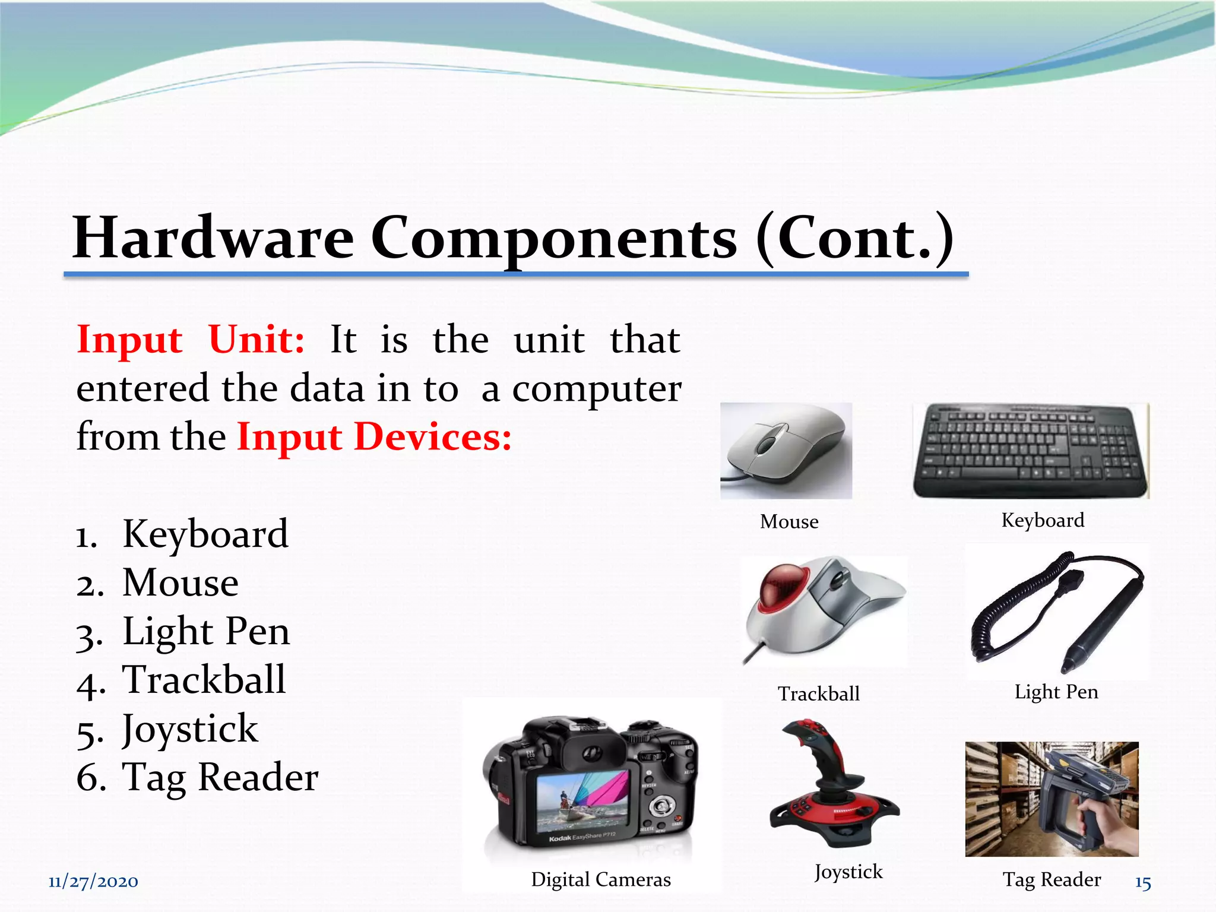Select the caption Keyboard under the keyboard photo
pos(1043,520)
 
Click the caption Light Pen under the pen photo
pos(1056,692)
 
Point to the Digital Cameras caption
pos(600,879)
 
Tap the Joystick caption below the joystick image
pos(848,872)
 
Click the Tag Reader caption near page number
pos(1052,879)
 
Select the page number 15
pos(1143,883)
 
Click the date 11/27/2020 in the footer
pos(93,882)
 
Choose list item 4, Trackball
pos(204,680)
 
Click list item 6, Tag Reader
pos(220,777)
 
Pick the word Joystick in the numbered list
pos(190,729)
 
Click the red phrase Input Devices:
pos(374,438)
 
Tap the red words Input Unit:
pos(191,340)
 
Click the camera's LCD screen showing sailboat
pos(581,801)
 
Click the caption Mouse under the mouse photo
pos(789,522)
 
